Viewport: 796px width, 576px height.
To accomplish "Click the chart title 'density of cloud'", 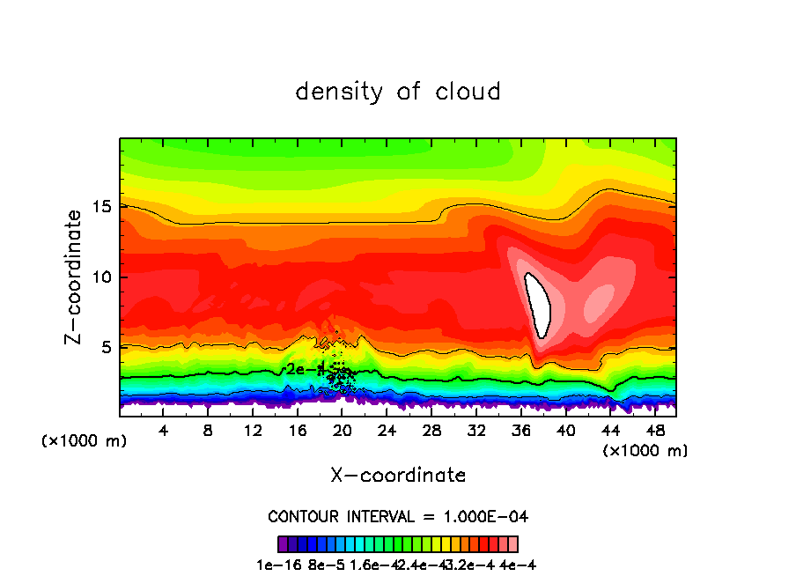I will [398, 92].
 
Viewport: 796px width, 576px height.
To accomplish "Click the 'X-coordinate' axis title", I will [398, 476].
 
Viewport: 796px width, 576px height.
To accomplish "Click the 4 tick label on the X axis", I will [164, 431].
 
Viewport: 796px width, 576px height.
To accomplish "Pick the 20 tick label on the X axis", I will [343, 431].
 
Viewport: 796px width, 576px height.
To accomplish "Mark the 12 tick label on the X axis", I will [253, 431].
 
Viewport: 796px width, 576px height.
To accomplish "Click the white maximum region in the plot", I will [538, 304].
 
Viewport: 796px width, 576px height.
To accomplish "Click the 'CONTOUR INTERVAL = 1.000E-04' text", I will [398, 516].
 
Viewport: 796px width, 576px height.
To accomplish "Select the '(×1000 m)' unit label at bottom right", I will [645, 451].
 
